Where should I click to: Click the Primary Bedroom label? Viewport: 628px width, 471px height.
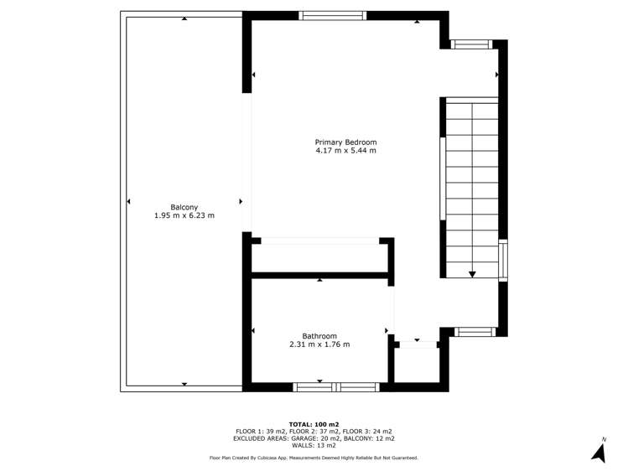(345, 142)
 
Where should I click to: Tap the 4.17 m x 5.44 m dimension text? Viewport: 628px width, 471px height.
(345, 151)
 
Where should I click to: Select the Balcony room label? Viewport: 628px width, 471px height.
(184, 207)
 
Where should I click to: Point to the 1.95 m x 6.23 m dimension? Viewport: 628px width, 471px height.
(184, 215)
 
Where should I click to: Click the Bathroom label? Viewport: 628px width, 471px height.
(319, 336)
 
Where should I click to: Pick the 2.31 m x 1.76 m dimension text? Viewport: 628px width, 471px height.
(319, 344)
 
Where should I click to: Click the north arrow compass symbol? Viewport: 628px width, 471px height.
(599, 453)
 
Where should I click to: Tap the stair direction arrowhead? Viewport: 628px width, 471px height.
(472, 274)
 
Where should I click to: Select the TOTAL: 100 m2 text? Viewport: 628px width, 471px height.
(314, 424)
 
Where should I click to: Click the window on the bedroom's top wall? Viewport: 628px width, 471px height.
(332, 16)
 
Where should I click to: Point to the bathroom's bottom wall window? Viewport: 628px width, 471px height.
(336, 387)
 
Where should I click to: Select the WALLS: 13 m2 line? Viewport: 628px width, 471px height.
(314, 445)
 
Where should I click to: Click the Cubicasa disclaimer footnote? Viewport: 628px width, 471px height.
(314, 458)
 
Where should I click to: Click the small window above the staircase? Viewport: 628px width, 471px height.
(471, 44)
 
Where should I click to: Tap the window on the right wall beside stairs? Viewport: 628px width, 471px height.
(503, 260)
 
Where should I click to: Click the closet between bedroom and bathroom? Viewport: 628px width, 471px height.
(319, 258)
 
